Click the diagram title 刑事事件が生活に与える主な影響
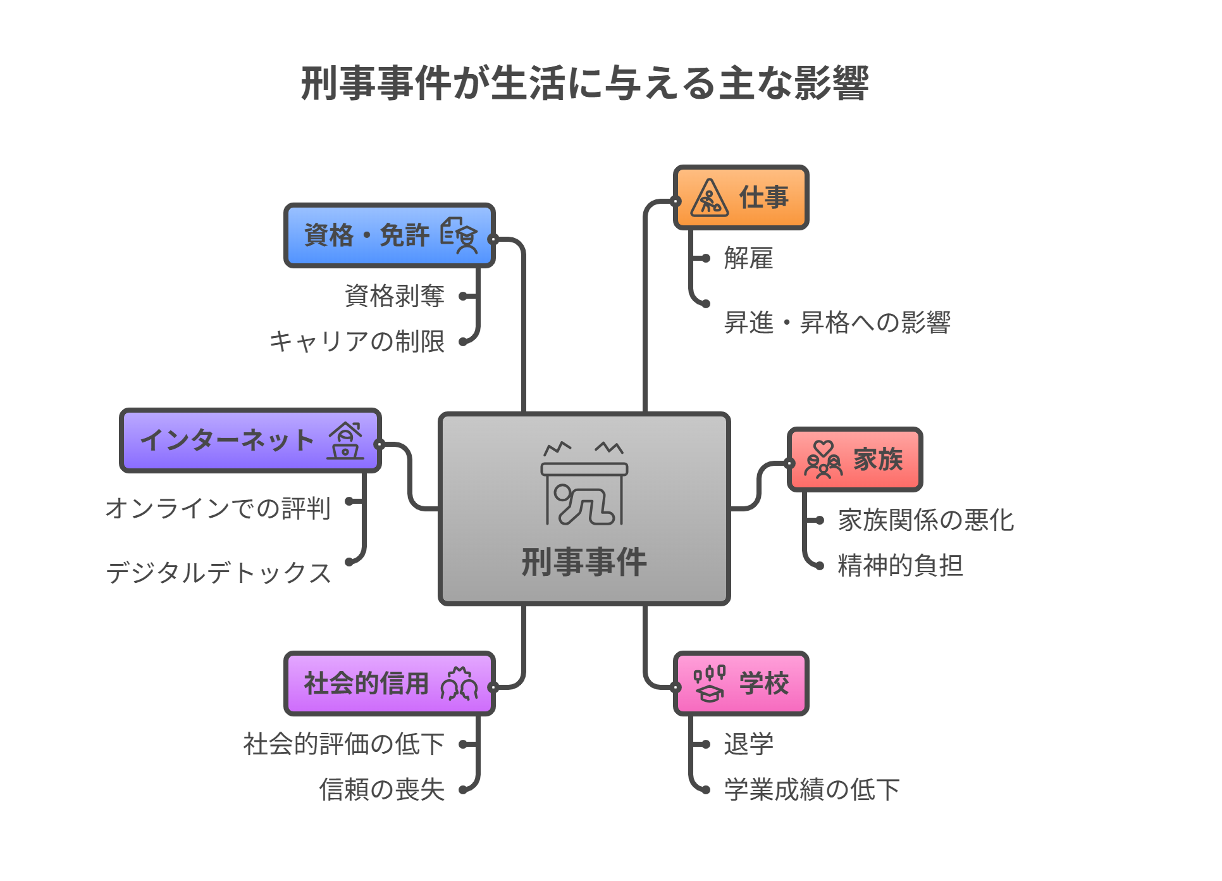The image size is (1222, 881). click(584, 84)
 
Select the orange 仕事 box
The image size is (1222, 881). click(741, 197)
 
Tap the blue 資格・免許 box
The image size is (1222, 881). click(390, 235)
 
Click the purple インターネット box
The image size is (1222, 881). click(250, 440)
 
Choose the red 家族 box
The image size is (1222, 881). click(855, 459)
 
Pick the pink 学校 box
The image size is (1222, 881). click(741, 684)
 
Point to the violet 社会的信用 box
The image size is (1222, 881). click(390, 684)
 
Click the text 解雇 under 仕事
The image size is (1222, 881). click(748, 259)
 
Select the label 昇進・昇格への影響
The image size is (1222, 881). click(837, 323)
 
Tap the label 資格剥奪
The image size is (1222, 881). click(395, 296)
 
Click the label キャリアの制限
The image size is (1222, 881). click(357, 342)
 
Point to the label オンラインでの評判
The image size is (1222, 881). click(218, 508)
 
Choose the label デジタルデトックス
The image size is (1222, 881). click(219, 573)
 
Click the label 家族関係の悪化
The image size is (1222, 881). click(925, 520)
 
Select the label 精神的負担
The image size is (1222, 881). click(900, 565)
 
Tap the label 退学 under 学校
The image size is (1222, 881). click(748, 744)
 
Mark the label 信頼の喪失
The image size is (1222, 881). click(382, 790)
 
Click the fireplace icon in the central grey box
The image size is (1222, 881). click(584, 484)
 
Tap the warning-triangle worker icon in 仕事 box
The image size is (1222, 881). click(709, 198)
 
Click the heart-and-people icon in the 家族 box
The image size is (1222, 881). click(823, 460)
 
